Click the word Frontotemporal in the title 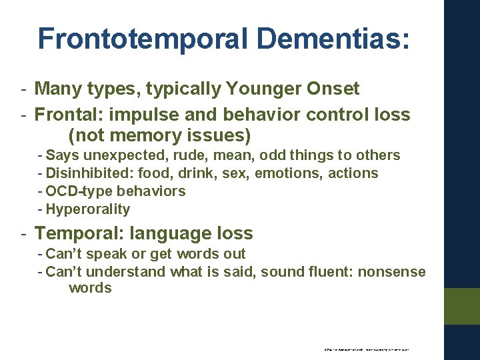[143, 39]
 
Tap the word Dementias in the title [333, 39]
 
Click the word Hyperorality [88, 209]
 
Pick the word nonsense [395, 271]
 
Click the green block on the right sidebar [462, 306]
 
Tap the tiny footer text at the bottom [366, 349]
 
